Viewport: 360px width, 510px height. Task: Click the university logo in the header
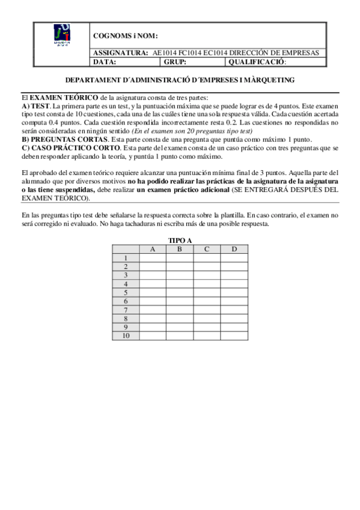(x=62, y=36)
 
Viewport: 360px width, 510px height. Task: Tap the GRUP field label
(x=175, y=61)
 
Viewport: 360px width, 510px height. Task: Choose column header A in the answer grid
(x=153, y=249)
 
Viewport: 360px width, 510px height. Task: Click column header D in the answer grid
(x=234, y=249)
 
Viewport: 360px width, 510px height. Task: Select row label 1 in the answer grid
(x=126, y=258)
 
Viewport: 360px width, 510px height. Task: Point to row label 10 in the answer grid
(x=126, y=336)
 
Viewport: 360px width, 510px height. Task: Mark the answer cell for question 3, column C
(x=207, y=275)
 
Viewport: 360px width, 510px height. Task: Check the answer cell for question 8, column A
(x=153, y=318)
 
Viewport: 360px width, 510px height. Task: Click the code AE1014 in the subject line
(x=165, y=53)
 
